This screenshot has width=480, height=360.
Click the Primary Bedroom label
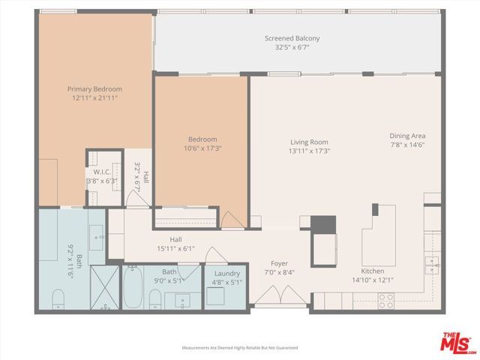[x=97, y=88]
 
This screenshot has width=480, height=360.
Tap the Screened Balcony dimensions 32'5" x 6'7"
[x=292, y=48]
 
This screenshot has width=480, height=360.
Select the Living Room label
[x=310, y=142]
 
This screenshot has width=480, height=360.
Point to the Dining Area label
[x=407, y=136]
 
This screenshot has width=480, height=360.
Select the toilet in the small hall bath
[x=155, y=299]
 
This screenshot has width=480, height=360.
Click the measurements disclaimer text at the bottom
[x=240, y=348]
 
